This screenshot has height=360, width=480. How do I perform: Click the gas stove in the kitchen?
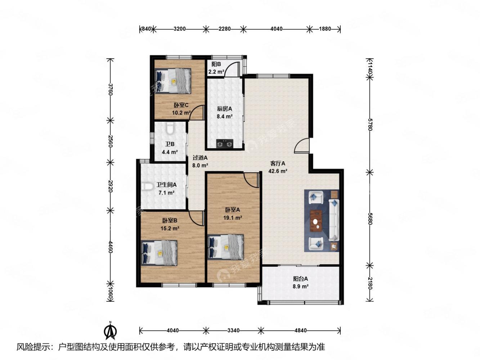click(x=225, y=144)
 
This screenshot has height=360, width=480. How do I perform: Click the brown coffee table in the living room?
click(x=316, y=221)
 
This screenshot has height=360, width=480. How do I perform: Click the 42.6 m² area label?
click(x=278, y=171)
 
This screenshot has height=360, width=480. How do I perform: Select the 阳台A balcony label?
click(x=300, y=279)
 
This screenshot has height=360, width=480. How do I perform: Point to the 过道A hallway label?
click(x=200, y=158)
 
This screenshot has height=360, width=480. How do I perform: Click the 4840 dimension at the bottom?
click(x=300, y=330)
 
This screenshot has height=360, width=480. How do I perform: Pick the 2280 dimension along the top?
click(x=225, y=29)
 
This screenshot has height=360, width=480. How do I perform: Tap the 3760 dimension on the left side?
click(x=111, y=89)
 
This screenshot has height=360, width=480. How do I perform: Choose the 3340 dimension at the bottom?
click(x=233, y=330)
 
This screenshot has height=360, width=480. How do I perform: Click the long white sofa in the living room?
click(x=334, y=220)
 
